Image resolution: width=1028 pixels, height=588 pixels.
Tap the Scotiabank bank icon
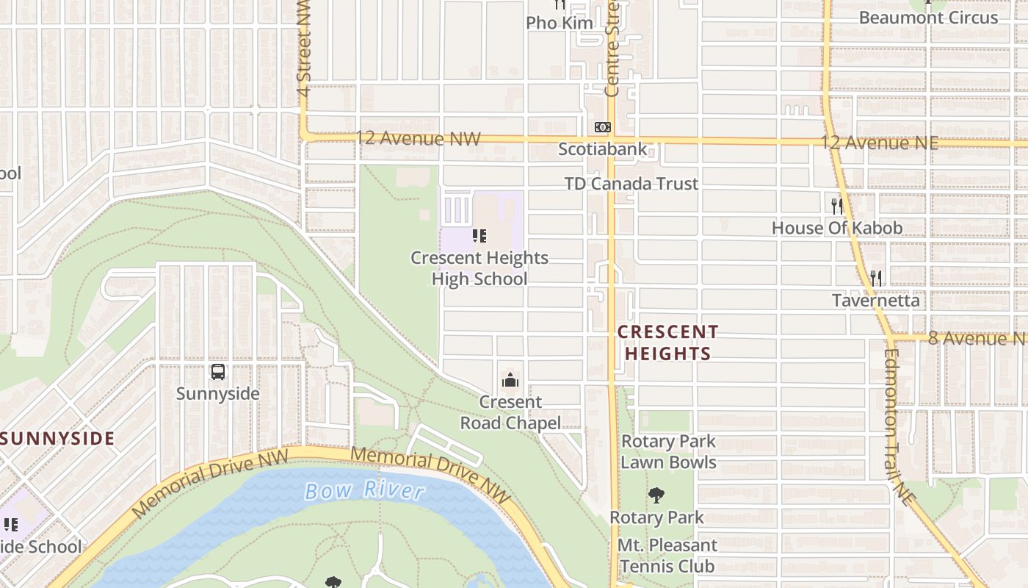602,127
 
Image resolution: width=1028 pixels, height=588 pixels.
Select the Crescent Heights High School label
479,268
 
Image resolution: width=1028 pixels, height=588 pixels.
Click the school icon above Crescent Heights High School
479,236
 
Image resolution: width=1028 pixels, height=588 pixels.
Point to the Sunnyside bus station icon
218,372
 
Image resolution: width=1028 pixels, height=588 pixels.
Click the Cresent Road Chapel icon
510,380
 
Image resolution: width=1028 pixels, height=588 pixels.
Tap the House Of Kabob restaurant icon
836,206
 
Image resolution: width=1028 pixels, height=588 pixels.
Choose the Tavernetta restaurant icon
875,279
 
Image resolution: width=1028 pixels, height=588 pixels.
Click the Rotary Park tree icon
656,495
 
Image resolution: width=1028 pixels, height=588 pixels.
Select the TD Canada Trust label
631,183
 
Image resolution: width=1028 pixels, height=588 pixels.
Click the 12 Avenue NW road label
418,138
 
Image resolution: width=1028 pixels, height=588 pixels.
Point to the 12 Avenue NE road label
879,142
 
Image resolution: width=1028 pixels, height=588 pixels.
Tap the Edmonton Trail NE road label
899,426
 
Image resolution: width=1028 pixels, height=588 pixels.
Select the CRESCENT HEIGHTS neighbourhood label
667,343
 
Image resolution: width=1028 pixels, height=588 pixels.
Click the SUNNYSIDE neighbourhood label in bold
58,439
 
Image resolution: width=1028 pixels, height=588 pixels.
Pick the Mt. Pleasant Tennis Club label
667,556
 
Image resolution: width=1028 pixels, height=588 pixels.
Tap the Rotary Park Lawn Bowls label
668,451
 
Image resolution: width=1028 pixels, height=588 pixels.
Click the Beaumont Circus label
928,18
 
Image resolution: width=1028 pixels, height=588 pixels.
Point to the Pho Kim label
559,23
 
